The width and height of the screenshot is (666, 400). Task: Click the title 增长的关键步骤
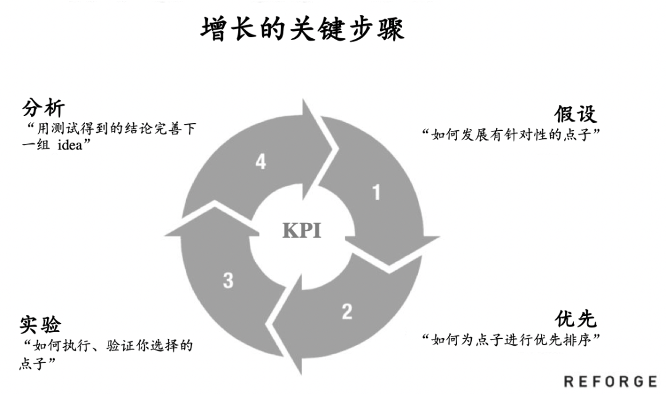(303, 28)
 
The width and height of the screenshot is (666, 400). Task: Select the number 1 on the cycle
(376, 193)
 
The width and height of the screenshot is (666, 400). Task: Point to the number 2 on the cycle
(347, 311)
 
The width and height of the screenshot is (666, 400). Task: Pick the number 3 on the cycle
(228, 281)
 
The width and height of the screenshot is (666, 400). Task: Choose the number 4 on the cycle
(260, 162)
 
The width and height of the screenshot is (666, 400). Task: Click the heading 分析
(44, 110)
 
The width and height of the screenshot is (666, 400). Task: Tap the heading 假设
(575, 114)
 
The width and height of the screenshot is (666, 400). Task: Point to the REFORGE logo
(610, 381)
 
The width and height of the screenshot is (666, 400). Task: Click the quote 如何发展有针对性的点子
(511, 135)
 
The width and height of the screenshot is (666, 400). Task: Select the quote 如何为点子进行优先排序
(511, 340)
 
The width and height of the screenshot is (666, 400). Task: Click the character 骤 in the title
(389, 28)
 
